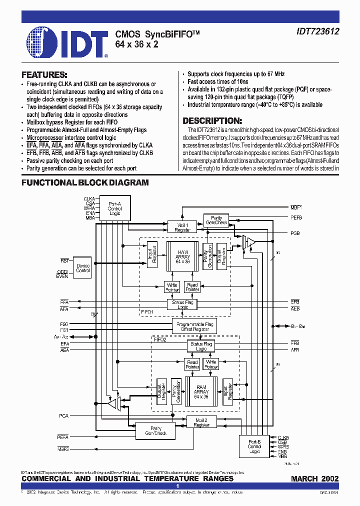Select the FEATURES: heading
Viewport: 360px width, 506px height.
point(44,74)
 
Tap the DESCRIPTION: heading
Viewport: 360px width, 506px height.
point(212,121)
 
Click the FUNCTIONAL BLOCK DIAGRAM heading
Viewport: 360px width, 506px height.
point(85,183)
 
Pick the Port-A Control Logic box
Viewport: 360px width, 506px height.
point(114,208)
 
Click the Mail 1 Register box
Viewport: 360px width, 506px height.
point(182,227)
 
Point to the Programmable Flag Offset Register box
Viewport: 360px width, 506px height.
point(194,327)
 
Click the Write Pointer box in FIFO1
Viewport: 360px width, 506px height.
point(171,287)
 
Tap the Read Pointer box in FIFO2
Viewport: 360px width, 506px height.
point(192,364)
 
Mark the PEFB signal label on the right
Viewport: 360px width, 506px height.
point(296,217)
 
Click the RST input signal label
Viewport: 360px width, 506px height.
point(64,260)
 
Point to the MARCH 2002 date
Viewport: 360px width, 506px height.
point(314,478)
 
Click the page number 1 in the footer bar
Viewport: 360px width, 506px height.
point(177,486)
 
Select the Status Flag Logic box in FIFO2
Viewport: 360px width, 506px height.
point(200,346)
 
